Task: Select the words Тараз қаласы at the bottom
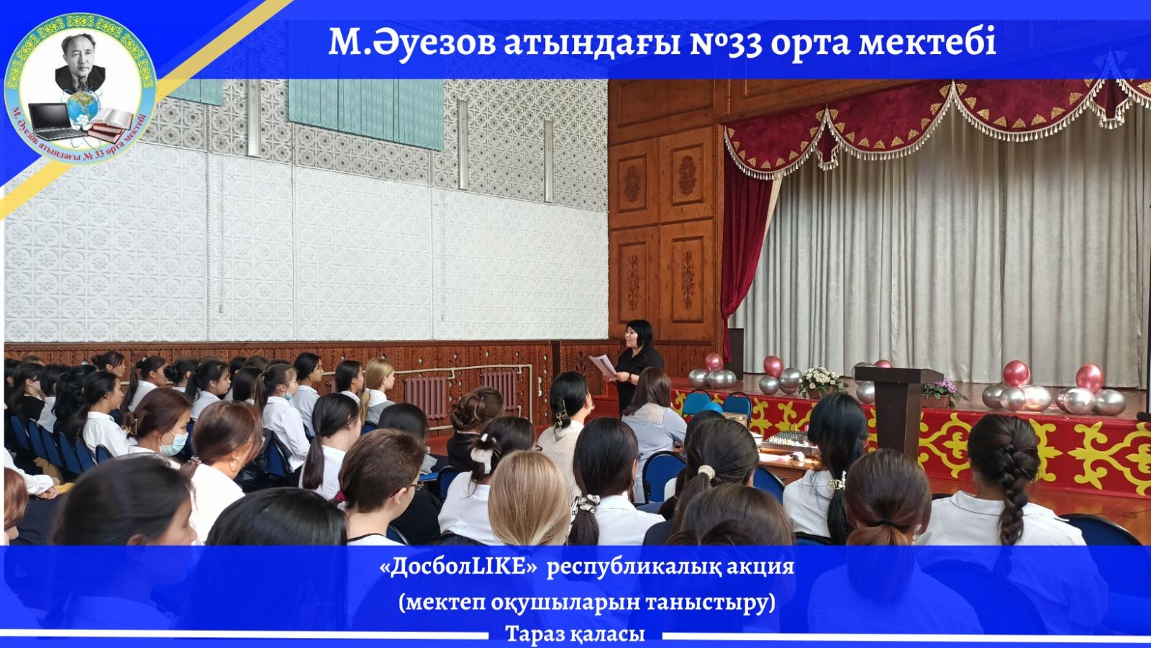(x=575, y=634)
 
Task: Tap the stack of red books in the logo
(x=109, y=126)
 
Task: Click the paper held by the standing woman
(x=603, y=365)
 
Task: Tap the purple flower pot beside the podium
(x=942, y=393)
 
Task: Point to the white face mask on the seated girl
(x=173, y=444)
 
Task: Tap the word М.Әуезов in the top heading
(x=412, y=43)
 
